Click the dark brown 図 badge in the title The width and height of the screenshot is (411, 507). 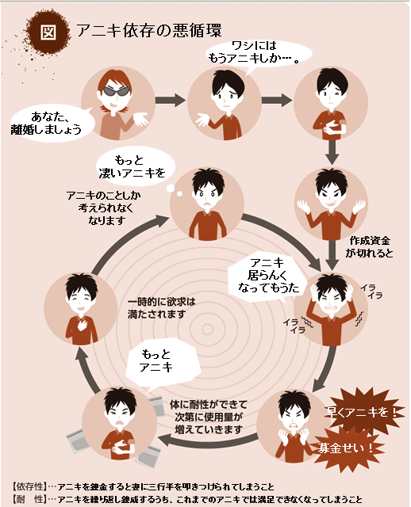(48, 32)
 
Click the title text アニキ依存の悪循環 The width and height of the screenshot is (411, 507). (149, 31)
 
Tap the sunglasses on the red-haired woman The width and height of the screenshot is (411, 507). (116, 91)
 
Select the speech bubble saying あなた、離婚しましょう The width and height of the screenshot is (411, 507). (48, 124)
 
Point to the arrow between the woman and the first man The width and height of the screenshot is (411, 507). (171, 100)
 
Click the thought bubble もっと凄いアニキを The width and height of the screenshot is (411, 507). (133, 167)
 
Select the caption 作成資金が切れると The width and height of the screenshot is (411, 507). (369, 246)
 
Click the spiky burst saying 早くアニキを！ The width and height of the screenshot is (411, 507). (362, 411)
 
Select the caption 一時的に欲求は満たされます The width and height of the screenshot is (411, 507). (161, 308)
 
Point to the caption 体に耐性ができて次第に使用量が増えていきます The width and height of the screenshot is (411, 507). (209, 417)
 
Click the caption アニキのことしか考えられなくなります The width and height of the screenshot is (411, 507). (104, 208)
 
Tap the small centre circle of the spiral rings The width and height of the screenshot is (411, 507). (207, 330)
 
